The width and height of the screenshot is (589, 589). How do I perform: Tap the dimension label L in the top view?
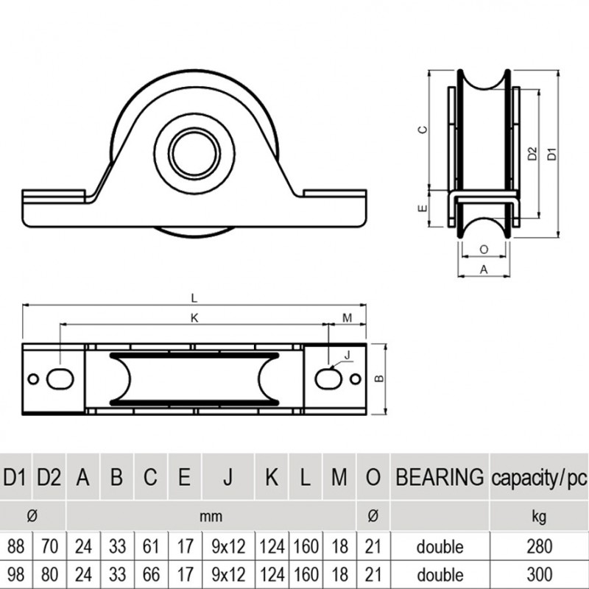[x=194, y=297]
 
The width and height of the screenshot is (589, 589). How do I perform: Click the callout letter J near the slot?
[x=347, y=356]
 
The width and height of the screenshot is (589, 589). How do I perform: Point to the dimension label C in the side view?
[x=422, y=130]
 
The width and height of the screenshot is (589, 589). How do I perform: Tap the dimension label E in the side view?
[x=422, y=208]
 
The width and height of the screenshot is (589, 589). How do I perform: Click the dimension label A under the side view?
[x=483, y=269]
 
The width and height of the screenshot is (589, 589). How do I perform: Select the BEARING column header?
[x=440, y=477]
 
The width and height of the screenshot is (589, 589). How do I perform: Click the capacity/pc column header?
[x=538, y=477]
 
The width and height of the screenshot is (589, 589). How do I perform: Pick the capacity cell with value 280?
[x=538, y=546]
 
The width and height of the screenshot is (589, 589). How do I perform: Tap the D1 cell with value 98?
[x=15, y=574]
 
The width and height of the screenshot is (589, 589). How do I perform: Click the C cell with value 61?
[x=149, y=546]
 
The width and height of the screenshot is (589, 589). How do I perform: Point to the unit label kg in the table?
[x=538, y=516]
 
